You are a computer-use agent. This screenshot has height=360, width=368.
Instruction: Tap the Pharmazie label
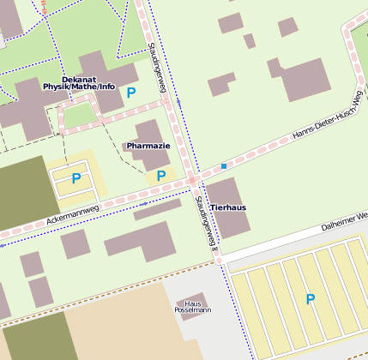tap(148, 147)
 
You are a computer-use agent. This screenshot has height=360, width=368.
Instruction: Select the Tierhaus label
tap(228, 207)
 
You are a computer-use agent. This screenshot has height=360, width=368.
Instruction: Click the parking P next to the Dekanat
tap(130, 93)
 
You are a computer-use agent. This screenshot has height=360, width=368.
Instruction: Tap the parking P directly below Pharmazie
tap(161, 176)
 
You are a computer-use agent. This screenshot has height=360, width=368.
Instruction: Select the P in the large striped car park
tap(311, 299)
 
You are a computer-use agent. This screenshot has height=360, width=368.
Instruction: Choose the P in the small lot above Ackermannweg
tap(75, 178)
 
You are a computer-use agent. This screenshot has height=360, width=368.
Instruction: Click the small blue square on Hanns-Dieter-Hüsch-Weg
tap(224, 165)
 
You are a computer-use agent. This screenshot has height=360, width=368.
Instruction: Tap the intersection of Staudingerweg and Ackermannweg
tap(194, 181)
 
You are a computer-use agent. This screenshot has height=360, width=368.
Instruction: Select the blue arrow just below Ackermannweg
tap(142, 204)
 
